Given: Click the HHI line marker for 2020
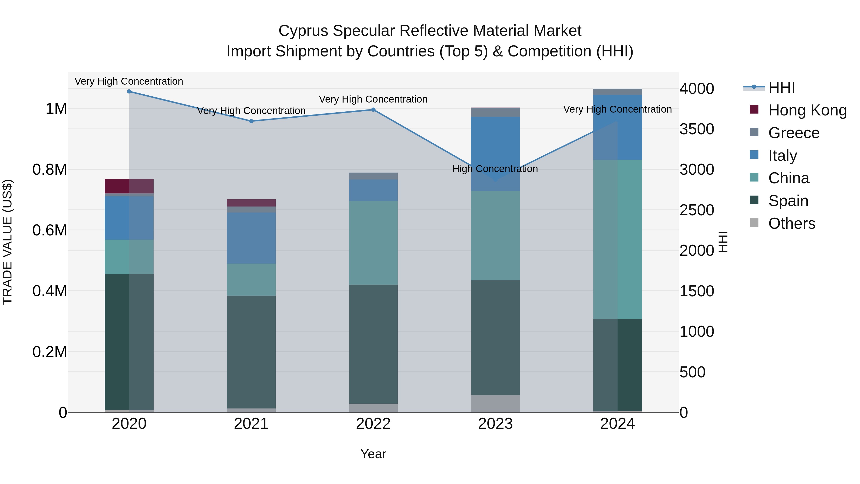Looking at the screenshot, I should (x=129, y=92).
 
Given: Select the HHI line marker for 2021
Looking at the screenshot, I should (x=251, y=121).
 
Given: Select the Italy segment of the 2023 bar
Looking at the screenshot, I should (x=495, y=154).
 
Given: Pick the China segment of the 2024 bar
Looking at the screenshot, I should (x=617, y=239).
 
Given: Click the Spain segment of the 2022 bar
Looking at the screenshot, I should (x=373, y=344).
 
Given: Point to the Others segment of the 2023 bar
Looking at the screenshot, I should (x=495, y=403).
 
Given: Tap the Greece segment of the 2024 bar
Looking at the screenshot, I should (x=617, y=92).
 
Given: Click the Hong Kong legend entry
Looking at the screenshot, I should (x=807, y=110).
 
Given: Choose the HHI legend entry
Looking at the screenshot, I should (x=781, y=87).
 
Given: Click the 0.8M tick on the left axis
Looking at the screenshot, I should (x=50, y=170).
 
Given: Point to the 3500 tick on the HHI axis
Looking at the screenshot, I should (x=697, y=129).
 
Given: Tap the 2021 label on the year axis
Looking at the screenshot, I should (x=251, y=424).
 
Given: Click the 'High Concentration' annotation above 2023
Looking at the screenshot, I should (x=495, y=169).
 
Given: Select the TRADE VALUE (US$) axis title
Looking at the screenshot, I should (x=7, y=242).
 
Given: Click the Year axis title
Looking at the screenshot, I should (x=373, y=454).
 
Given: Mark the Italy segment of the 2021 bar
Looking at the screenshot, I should (x=251, y=238).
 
